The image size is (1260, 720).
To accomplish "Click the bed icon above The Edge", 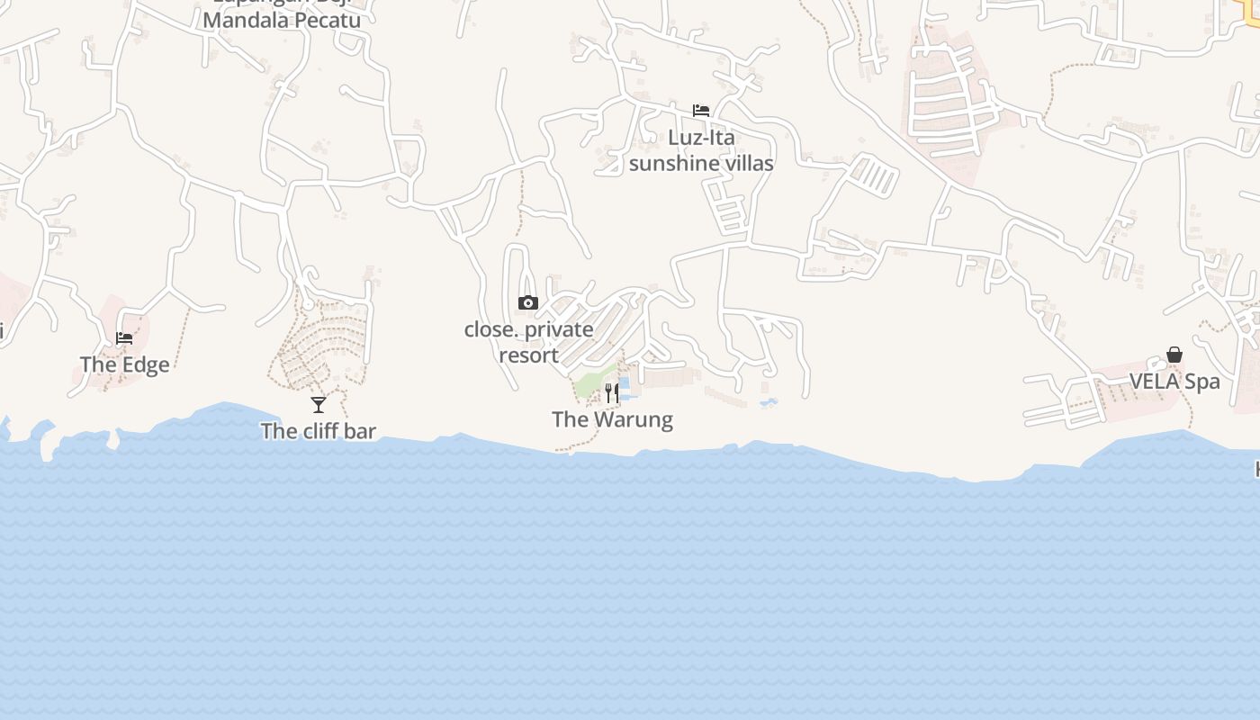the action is coord(124,338).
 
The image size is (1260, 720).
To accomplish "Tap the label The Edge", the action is coord(124,364).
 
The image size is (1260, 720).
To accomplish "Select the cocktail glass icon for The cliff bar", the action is coord(319,405).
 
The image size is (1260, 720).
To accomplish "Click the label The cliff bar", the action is coord(319,431).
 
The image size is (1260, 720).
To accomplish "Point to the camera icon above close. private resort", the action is coord(528,303).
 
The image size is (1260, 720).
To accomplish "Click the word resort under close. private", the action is coord(529,355).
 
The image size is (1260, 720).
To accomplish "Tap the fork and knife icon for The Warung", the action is coord(612,392).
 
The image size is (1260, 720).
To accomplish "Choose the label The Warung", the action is coord(612,419).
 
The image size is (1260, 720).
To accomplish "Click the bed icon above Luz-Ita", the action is coord(701,111).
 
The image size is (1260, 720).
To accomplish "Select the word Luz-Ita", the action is coord(701,138).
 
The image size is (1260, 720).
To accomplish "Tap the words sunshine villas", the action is coord(701,163).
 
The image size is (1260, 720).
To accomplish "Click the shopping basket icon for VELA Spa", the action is coord(1174,355).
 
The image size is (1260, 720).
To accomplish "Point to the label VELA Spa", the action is coord(1174,381).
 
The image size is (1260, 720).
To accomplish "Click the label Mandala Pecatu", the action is coord(282,20).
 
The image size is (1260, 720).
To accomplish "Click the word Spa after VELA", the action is coord(1202,381).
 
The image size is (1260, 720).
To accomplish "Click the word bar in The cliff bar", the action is coord(359,431).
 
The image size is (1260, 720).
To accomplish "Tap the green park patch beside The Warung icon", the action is coord(589,384).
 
